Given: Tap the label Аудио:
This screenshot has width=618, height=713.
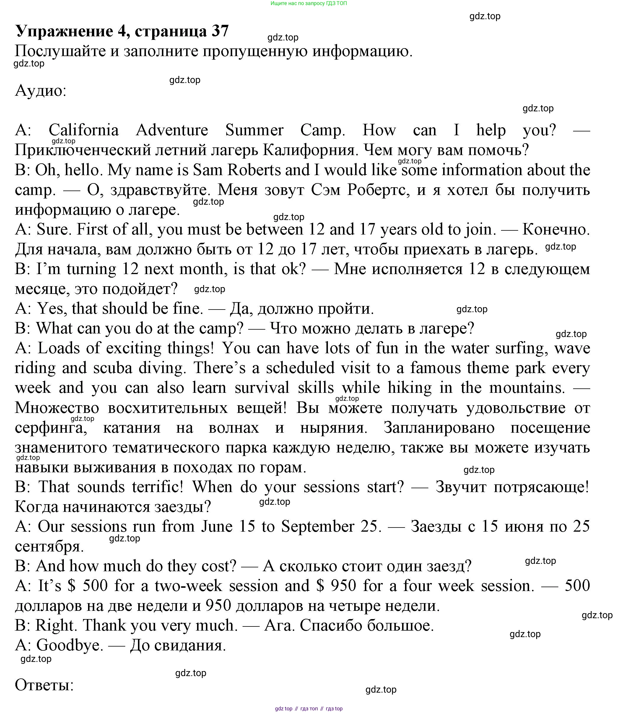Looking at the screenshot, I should [41, 91].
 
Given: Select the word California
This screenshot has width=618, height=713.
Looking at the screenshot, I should [84, 130].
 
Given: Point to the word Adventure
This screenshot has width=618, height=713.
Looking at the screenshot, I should [172, 130].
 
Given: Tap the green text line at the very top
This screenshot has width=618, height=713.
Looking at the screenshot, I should [309, 4].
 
